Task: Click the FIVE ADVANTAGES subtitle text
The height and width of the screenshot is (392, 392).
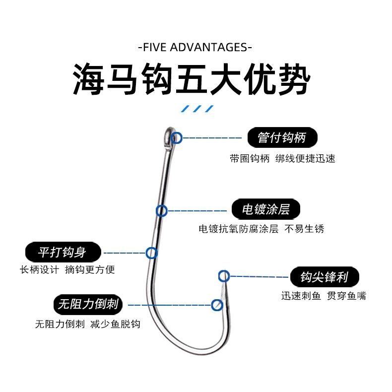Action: coord(194,48)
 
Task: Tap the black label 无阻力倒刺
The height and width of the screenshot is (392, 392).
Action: coord(88,304)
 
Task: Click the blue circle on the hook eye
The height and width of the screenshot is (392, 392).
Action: coord(176,138)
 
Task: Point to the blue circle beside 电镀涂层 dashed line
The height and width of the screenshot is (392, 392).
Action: coord(162,211)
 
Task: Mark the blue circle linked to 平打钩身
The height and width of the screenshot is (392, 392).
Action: coord(151,253)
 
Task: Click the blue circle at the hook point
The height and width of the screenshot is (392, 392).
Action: coord(224,276)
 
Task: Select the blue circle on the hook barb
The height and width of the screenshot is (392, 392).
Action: coord(217,305)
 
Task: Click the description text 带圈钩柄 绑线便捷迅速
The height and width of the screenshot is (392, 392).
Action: coord(282,159)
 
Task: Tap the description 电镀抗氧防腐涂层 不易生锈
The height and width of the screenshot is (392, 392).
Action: coord(261,229)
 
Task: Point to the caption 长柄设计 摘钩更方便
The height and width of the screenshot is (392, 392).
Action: coord(67,270)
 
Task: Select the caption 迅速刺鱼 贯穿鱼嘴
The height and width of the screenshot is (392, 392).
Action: coord(324,296)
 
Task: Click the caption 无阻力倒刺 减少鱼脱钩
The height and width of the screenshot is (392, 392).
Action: coord(87,324)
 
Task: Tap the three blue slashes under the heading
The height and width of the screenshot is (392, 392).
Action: coord(196,108)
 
